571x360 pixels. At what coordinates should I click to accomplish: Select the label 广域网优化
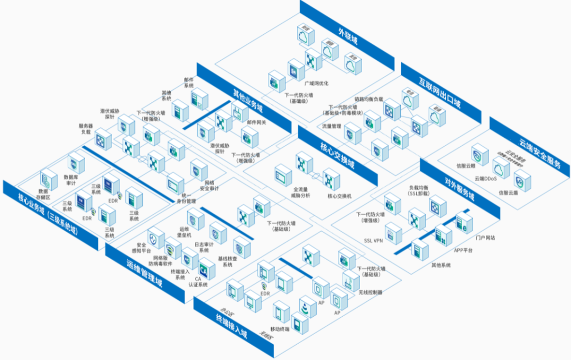point(316,83)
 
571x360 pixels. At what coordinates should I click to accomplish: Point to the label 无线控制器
point(370,292)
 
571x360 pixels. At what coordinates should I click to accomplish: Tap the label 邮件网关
point(256,122)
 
